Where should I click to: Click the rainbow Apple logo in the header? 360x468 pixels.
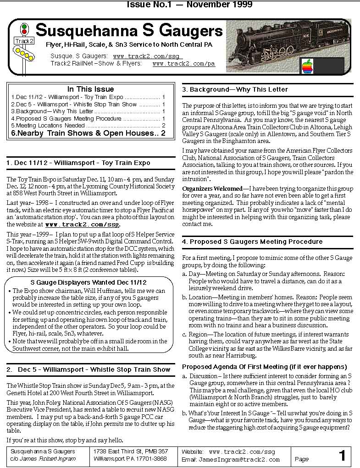tap(307, 66)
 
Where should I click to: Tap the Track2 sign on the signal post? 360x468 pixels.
tap(24, 41)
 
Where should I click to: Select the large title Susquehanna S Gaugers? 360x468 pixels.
tap(129, 31)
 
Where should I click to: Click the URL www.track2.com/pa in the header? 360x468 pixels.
tap(183, 64)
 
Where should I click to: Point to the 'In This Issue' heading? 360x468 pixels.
tap(90, 89)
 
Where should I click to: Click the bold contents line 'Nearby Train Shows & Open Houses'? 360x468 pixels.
tap(85, 133)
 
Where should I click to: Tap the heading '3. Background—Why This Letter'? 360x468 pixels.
tap(235, 89)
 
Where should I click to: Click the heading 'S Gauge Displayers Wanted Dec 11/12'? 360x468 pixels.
tap(89, 282)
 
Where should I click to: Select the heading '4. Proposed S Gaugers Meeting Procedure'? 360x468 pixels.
tap(252, 242)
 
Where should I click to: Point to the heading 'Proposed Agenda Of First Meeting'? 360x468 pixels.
tap(264, 367)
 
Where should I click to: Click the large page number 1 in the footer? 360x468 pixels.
tap(342, 456)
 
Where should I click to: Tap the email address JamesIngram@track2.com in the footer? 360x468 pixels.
tap(239, 459)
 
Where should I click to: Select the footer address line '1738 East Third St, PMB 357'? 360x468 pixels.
tap(130, 451)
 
